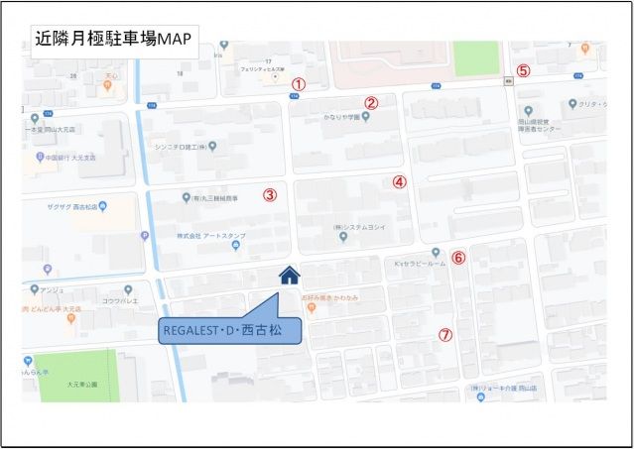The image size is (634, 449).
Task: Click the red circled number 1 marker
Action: [x=298, y=85]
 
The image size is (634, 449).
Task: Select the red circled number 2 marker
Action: [x=371, y=102]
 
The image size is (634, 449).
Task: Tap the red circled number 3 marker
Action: [x=269, y=194]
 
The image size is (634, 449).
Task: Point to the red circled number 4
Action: [x=399, y=181]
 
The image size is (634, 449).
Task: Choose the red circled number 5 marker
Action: [x=523, y=70]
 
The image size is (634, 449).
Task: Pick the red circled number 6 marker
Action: [x=457, y=258]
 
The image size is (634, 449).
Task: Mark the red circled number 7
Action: [x=445, y=335]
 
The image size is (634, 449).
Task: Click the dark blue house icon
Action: [x=289, y=276]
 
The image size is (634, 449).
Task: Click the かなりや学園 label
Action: [x=339, y=116]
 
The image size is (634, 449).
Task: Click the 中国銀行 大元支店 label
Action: [x=72, y=157]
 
